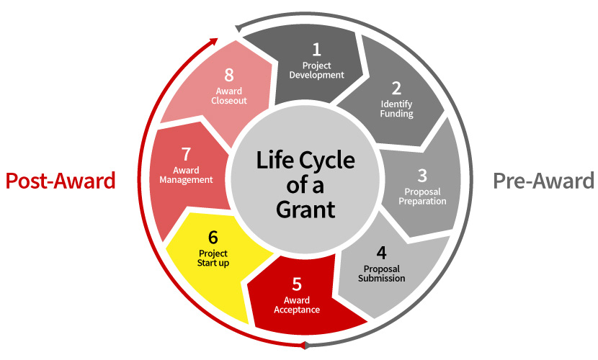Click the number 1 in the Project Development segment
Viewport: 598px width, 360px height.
316,49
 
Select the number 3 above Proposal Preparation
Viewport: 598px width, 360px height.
422,175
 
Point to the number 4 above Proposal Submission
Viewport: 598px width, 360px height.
381,253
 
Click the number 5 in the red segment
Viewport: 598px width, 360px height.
297,284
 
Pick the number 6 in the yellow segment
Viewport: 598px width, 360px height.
213,237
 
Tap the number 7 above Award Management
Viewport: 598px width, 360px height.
186,154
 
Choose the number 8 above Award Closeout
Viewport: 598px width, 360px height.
229,75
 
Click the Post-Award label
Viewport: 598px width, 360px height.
61,181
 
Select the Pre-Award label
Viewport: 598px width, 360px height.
543,181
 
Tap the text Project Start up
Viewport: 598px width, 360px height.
213,258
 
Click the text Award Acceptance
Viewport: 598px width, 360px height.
297,305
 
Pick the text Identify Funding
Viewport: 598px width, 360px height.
397,109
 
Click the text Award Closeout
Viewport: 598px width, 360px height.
229,96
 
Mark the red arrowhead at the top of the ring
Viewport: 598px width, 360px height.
213,40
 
